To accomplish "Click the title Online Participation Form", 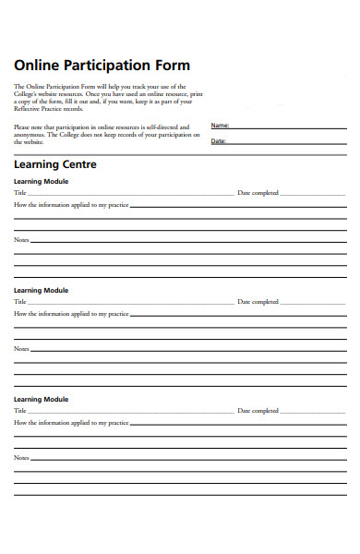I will pos(102,66).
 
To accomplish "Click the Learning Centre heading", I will pos(54,164).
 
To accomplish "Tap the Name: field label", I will pos(220,125).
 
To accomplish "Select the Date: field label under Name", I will pos(219,141).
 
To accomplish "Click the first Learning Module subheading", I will pos(42,182).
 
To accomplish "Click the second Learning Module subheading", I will pos(42,290).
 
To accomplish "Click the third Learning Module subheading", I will pos(42,399).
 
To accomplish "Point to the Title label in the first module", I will pos(20,193).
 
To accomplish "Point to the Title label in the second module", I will pos(20,302).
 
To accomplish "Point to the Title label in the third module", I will pos(20,410).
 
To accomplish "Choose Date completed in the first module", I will pos(258,193).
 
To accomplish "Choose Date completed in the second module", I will pos(258,302).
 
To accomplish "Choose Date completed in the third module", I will pos(258,410).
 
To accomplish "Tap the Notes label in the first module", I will pos(21,240).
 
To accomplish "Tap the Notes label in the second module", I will pos(21,349).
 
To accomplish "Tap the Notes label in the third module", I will pos(21,457).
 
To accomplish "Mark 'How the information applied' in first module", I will pos(71,205).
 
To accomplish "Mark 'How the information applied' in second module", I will pos(71,314).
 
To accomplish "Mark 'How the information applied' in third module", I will pos(71,422).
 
